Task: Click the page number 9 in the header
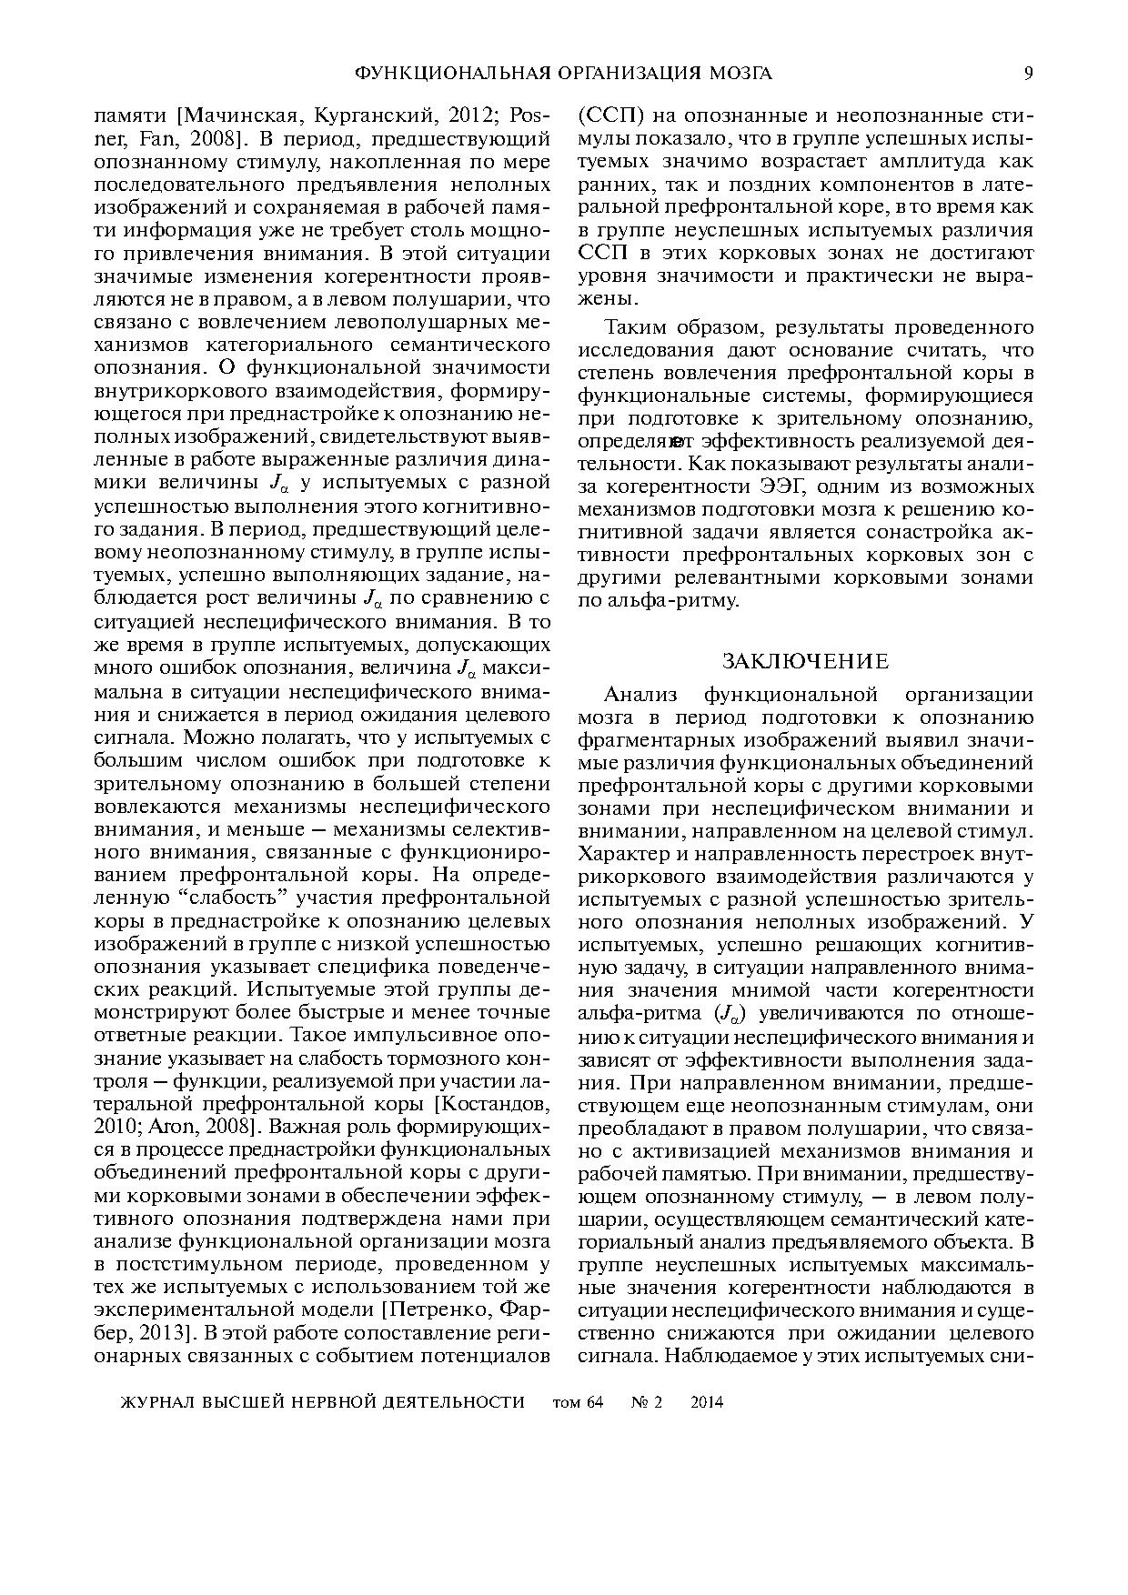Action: (x=1028, y=74)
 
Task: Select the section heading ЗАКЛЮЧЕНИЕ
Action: (x=805, y=661)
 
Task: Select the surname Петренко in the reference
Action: (x=441, y=1310)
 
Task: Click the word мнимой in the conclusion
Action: (x=773, y=991)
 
